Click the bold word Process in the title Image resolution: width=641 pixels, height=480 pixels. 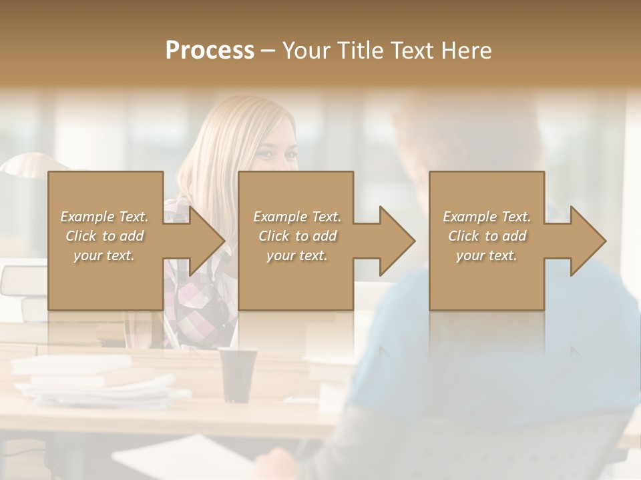pyautogui.click(x=210, y=51)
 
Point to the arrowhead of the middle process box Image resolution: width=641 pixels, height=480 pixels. pyautogui.click(x=395, y=241)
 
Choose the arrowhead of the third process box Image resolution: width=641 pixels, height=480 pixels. pyautogui.click(x=586, y=241)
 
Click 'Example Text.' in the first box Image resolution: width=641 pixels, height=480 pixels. pyautogui.click(x=105, y=217)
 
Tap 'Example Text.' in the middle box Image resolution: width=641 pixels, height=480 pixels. pyautogui.click(x=297, y=217)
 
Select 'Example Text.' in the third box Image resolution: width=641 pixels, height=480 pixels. pyautogui.click(x=487, y=217)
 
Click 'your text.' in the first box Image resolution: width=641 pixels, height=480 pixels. pyautogui.click(x=104, y=255)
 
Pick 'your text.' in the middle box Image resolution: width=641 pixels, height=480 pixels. pyautogui.click(x=296, y=255)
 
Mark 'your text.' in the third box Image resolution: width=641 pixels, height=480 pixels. pyautogui.click(x=486, y=255)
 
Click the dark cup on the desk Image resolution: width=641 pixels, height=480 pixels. pyautogui.click(x=238, y=373)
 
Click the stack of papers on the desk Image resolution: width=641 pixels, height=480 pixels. pyautogui.click(x=93, y=383)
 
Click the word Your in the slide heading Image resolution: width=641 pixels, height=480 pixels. pyautogui.click(x=305, y=51)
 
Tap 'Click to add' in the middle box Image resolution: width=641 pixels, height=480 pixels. pyautogui.click(x=297, y=236)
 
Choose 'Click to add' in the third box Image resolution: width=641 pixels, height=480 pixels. pyautogui.click(x=487, y=236)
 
